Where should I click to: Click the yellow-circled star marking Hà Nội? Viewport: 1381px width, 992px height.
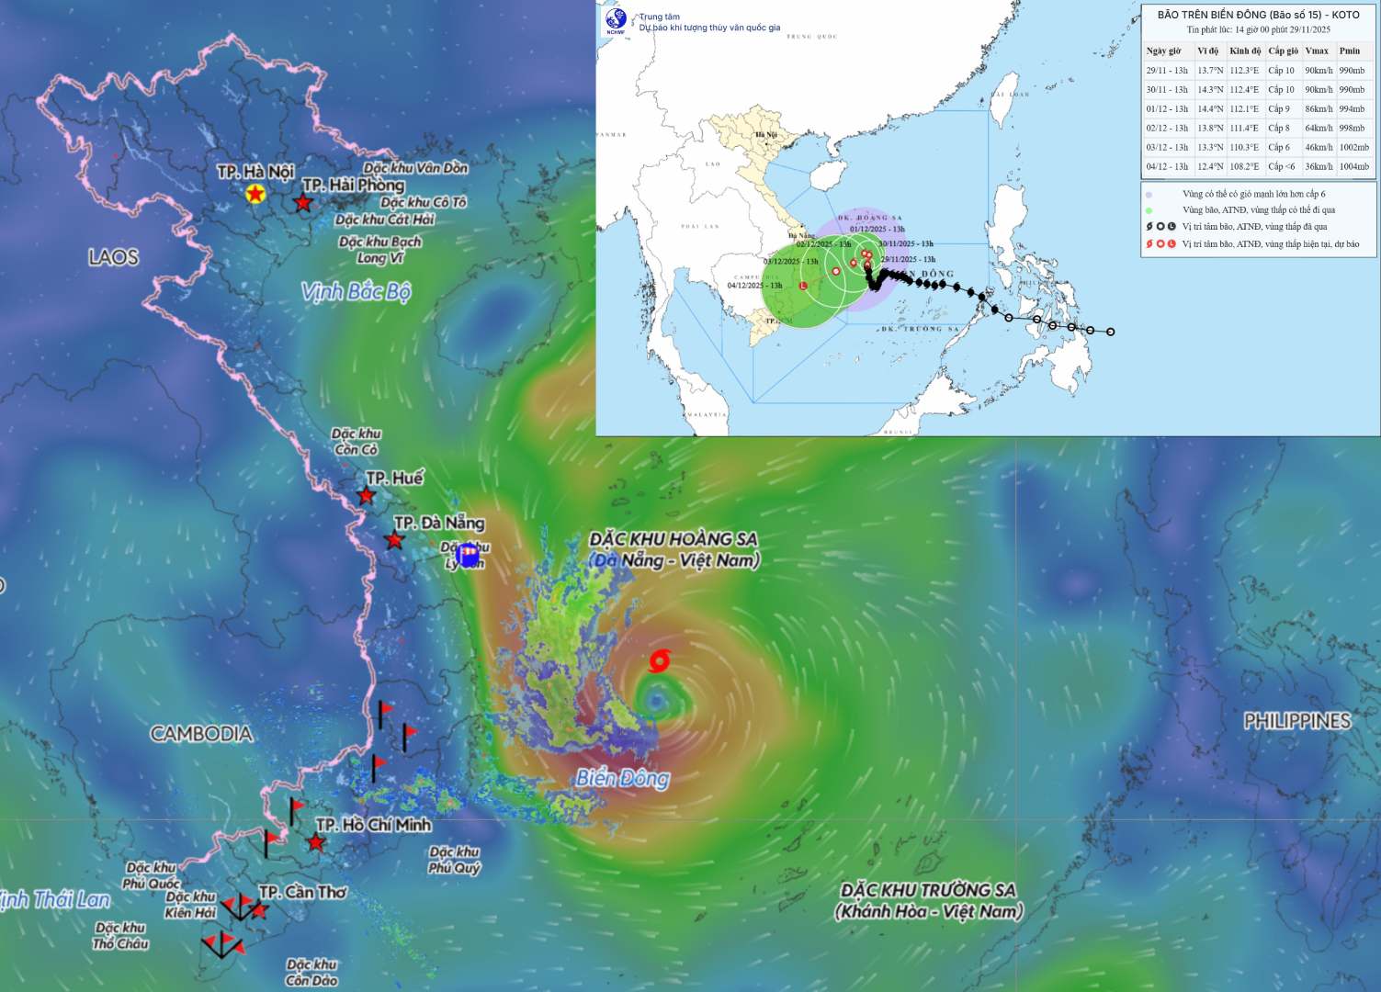(x=255, y=194)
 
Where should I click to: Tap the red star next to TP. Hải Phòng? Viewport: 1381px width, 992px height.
(x=302, y=202)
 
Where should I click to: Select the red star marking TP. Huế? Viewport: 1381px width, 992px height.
(x=366, y=496)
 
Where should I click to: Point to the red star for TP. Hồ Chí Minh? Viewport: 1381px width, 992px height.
(x=316, y=842)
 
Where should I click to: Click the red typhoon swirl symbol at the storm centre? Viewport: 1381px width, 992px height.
(x=659, y=660)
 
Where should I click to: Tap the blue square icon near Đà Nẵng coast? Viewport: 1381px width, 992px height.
(x=468, y=554)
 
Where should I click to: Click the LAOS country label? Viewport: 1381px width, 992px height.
(x=113, y=257)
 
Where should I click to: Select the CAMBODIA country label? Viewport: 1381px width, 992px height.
(x=201, y=734)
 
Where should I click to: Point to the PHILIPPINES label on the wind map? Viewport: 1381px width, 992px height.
(x=1296, y=721)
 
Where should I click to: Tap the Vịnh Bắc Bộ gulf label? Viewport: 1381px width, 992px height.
(x=356, y=292)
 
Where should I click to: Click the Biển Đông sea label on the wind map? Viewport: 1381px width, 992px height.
(x=622, y=779)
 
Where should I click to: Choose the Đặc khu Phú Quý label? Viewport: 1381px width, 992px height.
(x=454, y=860)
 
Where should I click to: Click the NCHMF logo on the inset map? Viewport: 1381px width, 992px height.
(x=615, y=20)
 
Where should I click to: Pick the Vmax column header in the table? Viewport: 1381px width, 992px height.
(x=1316, y=51)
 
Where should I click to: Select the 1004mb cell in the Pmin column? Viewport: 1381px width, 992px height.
(x=1353, y=167)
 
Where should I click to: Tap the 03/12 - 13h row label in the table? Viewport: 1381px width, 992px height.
(x=1167, y=148)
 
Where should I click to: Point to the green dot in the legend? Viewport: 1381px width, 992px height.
(x=1149, y=210)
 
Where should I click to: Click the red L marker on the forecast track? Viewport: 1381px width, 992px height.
(x=804, y=287)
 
